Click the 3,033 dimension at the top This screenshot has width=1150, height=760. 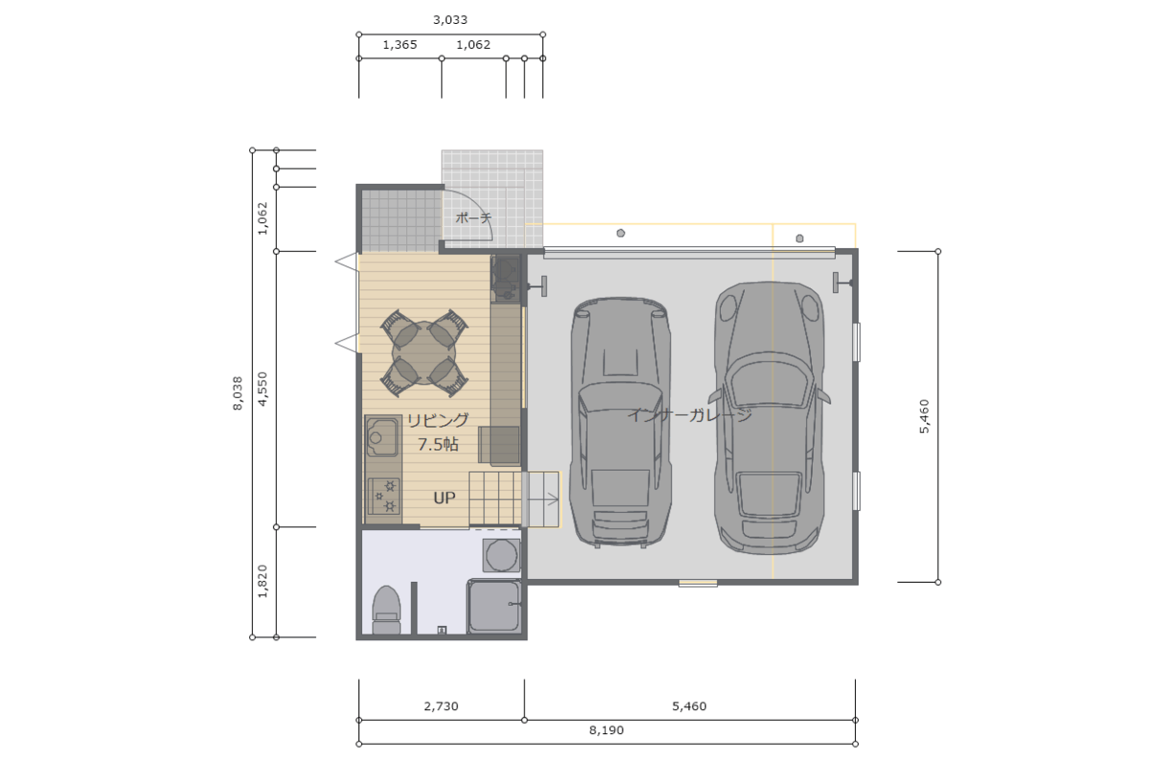coord(450,20)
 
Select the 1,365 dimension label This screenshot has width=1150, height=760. coord(400,45)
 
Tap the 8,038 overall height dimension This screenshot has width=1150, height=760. coord(238,393)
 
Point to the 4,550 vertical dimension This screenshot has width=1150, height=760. coord(263,389)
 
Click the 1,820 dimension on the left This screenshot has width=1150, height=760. coord(263,582)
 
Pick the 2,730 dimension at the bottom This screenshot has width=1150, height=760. coord(441,706)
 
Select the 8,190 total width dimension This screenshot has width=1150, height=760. coord(607,730)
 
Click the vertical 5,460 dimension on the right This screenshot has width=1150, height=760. coord(925,417)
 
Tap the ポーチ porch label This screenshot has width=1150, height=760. coord(473,218)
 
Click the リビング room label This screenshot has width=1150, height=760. coord(438,421)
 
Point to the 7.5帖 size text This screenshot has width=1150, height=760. coord(438,444)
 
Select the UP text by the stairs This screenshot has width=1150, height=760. coord(445,497)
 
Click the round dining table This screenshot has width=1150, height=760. coord(424,354)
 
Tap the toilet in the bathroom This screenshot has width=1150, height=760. coord(386,610)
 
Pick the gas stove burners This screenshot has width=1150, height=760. coord(383,496)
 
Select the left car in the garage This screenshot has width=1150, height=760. coord(620,423)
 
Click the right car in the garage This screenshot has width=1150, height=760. coord(769,418)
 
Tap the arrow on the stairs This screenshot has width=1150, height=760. coord(543,499)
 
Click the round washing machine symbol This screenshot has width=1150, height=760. coord(501,555)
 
